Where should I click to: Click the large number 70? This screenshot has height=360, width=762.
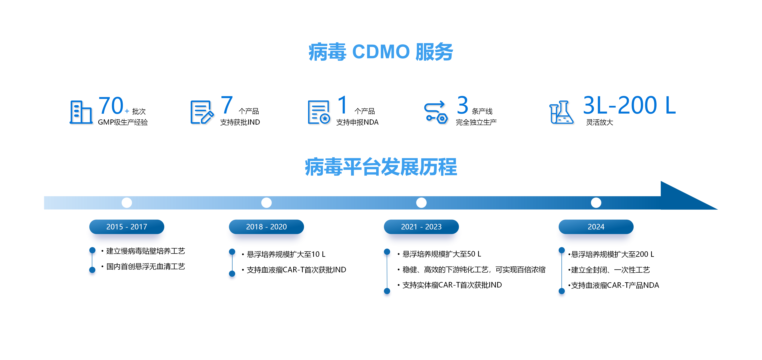(x=111, y=106)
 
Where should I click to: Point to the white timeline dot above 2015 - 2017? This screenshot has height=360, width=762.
(x=127, y=203)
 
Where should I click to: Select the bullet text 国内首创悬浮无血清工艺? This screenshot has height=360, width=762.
(x=146, y=267)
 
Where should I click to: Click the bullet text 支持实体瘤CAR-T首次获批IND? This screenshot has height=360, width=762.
(x=452, y=285)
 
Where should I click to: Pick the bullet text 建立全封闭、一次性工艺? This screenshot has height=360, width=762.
(x=610, y=270)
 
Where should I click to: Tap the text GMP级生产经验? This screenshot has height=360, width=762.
(x=123, y=122)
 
